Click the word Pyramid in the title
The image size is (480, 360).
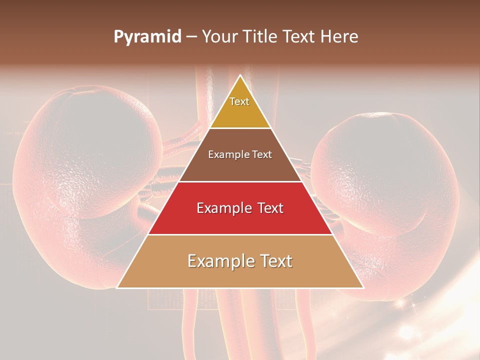pyautogui.click(x=147, y=37)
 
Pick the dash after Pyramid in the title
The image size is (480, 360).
pyautogui.click(x=191, y=37)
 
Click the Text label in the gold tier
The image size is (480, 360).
pyautogui.click(x=239, y=101)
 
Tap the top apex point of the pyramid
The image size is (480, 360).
pyautogui.click(x=240, y=75)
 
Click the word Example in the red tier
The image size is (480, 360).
pyautogui.click(x=223, y=208)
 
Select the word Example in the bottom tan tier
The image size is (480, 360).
pyautogui.click(x=217, y=261)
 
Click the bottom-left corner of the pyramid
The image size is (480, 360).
pyautogui.click(x=117, y=288)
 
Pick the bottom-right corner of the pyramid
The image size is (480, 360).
pyautogui.click(x=363, y=288)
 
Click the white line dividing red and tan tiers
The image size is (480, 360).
pyautogui.click(x=240, y=234)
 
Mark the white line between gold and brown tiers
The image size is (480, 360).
pyautogui.click(x=240, y=128)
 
